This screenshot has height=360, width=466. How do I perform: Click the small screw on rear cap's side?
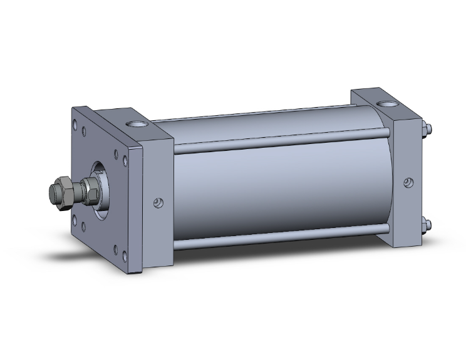click(x=408, y=183)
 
